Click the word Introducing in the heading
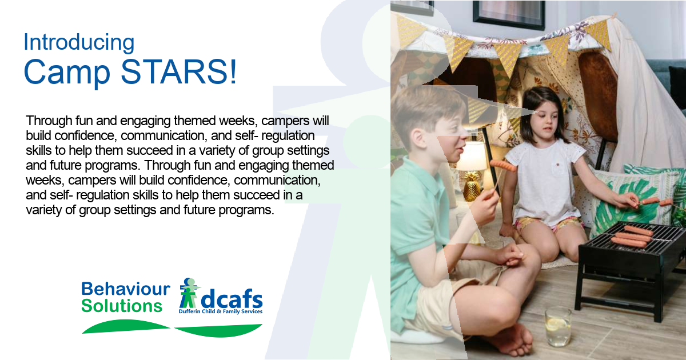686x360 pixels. (x=79, y=42)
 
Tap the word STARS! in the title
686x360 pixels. (x=179, y=71)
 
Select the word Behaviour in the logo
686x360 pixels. (x=126, y=289)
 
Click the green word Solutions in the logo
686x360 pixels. (x=122, y=306)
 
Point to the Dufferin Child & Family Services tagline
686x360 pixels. (x=221, y=311)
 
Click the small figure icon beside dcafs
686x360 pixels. (x=189, y=293)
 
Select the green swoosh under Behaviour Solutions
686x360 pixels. (x=126, y=326)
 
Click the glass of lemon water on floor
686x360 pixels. (x=558, y=327)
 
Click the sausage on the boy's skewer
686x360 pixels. (x=503, y=165)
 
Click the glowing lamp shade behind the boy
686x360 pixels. (x=472, y=156)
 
